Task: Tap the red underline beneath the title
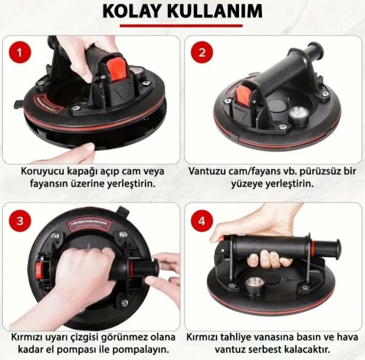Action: pos(182,26)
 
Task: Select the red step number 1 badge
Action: pos(22,53)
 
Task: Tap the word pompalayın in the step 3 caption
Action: pos(142,350)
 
